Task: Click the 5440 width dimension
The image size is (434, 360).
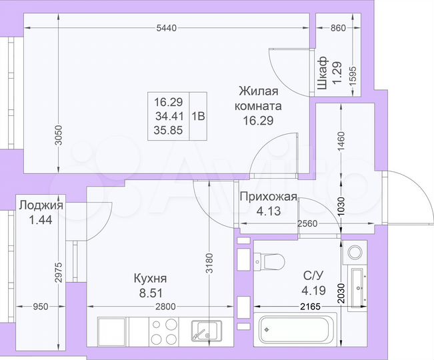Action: (167, 28)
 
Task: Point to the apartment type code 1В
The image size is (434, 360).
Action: (199, 115)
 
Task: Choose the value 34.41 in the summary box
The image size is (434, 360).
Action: (168, 116)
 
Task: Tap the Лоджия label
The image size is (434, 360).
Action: (41, 205)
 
